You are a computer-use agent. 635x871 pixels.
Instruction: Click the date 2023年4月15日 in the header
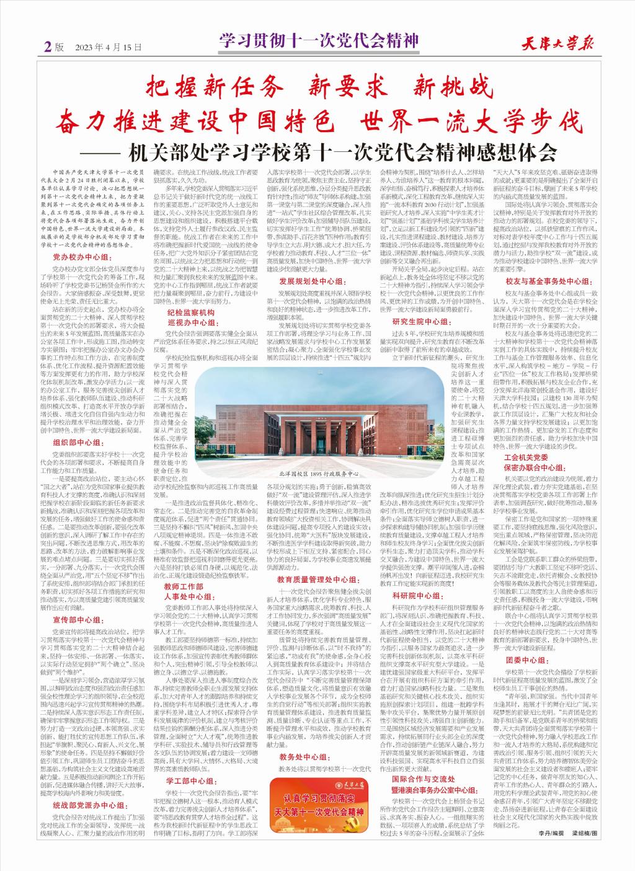109,47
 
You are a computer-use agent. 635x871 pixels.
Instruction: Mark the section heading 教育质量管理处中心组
317,597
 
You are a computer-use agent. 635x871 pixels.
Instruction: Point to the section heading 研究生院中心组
420,322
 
